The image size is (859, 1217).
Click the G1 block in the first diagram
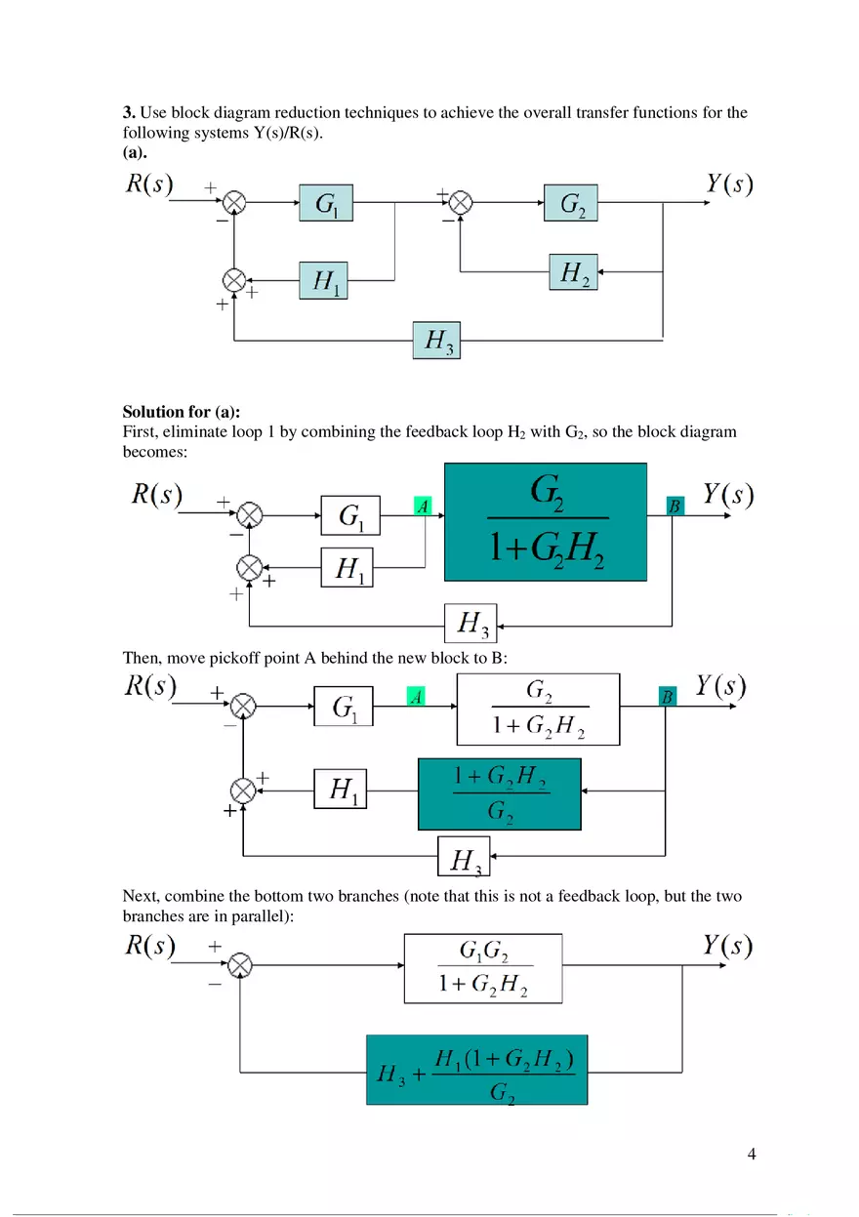(327, 203)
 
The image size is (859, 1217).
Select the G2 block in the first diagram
(572, 203)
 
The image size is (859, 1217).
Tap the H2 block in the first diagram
(573, 272)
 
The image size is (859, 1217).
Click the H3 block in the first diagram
(436, 340)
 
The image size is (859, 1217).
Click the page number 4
(751, 1155)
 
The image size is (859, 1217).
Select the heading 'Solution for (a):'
(182, 412)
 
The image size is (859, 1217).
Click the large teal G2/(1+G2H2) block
(546, 522)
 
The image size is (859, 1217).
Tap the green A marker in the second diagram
(423, 507)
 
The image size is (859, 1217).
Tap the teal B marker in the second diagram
(675, 506)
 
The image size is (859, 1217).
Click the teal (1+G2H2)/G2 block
(499, 793)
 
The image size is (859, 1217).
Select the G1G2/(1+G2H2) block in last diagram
(483, 968)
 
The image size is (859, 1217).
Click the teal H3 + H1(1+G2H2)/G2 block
(476, 1070)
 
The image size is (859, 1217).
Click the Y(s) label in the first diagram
(729, 183)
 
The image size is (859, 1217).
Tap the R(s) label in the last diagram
(150, 946)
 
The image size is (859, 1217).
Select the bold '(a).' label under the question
(135, 151)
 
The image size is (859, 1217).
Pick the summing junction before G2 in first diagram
(461, 203)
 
